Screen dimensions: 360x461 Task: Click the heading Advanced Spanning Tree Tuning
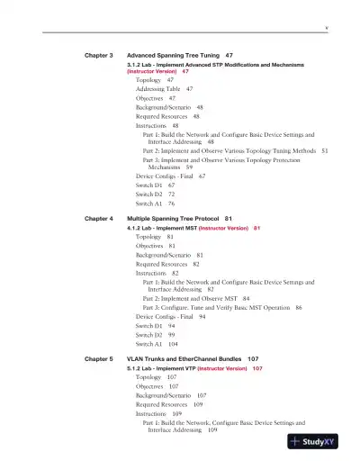coord(175,55)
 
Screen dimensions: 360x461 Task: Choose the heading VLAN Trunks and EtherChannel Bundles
coord(186,359)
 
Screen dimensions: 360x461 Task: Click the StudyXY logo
coord(319,442)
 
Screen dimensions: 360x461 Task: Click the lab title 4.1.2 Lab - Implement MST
coord(161,229)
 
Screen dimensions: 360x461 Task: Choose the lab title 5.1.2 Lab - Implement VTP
coord(161,369)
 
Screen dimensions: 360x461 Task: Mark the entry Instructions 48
coord(157,126)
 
